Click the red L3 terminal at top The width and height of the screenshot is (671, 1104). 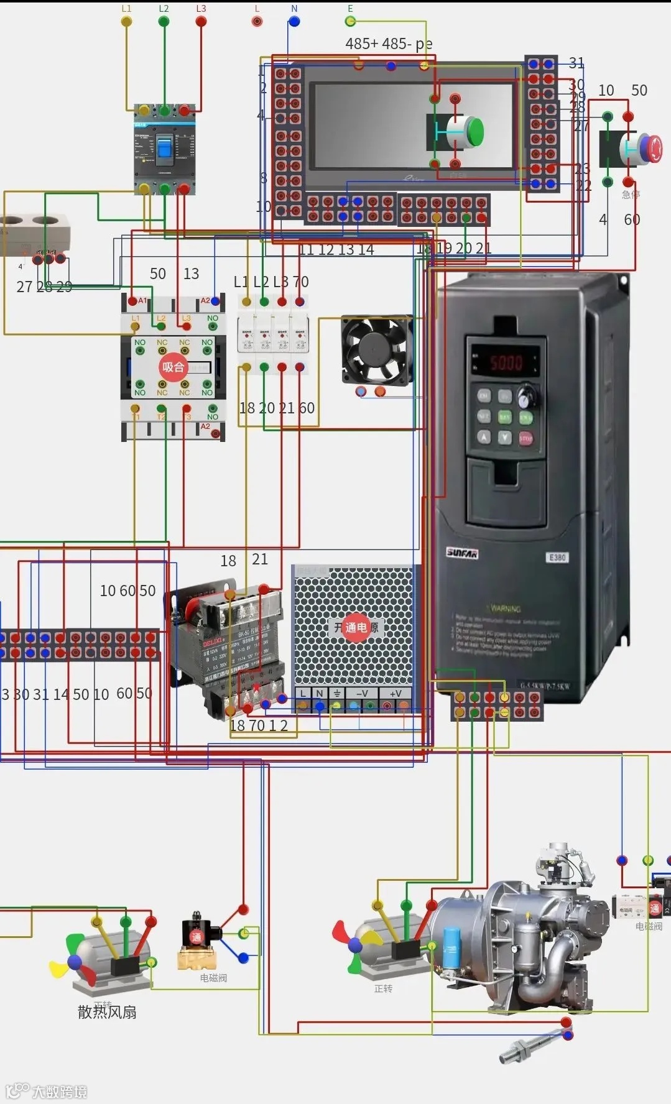201,21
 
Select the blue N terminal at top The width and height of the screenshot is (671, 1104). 294,21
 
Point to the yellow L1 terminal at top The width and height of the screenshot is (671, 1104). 126,21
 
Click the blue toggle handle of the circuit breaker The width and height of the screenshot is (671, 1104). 164,148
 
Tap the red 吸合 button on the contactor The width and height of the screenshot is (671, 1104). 173,367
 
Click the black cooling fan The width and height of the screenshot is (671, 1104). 376,350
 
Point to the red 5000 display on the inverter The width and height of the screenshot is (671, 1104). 506,363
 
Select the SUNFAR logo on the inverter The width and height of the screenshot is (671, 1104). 463,553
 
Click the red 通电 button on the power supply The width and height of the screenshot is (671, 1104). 355,627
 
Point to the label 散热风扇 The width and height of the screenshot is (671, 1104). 107,1012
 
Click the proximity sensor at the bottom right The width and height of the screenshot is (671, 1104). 522,1051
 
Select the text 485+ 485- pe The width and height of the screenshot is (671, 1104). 389,44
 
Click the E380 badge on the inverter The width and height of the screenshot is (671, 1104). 557,557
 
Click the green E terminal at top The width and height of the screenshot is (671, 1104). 350,21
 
